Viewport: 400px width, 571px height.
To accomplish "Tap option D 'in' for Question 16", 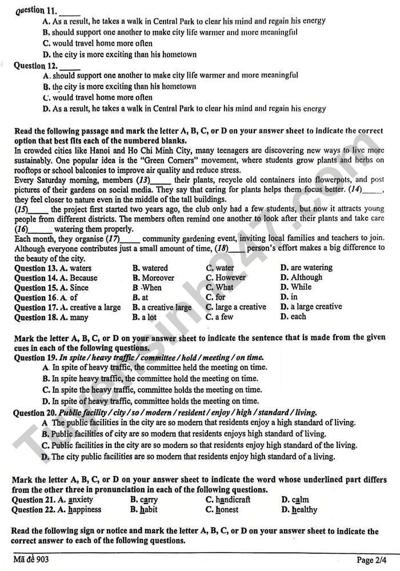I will pos(294,297).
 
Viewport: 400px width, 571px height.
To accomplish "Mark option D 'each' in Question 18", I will pos(298,316).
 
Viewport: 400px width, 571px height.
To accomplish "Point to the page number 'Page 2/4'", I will pos(374,560).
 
